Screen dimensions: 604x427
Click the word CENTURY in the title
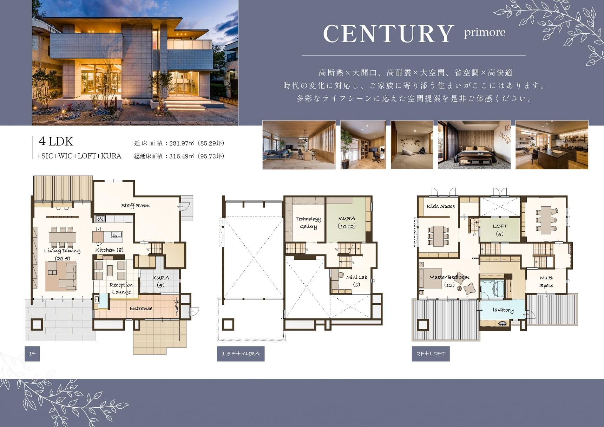(x=388, y=34)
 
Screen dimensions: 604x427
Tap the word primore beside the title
(x=485, y=32)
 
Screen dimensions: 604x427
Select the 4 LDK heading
(x=56, y=141)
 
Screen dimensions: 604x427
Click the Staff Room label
(x=136, y=206)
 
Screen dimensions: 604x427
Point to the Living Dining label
(x=62, y=251)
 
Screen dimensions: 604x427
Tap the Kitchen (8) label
(x=109, y=250)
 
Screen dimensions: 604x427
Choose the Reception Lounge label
(x=121, y=288)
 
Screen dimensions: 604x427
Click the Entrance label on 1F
(x=141, y=309)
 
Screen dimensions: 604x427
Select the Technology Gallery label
(x=308, y=223)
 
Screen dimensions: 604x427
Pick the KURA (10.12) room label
(x=347, y=222)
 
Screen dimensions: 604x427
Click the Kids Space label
(x=441, y=206)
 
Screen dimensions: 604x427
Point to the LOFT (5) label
(x=500, y=230)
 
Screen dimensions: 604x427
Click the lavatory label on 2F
(x=503, y=310)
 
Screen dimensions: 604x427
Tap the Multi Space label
(x=546, y=282)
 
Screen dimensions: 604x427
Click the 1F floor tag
(x=32, y=354)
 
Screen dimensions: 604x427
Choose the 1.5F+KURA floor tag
(x=241, y=354)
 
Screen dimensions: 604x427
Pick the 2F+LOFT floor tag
(x=431, y=354)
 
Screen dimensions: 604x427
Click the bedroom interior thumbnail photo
(x=474, y=145)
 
